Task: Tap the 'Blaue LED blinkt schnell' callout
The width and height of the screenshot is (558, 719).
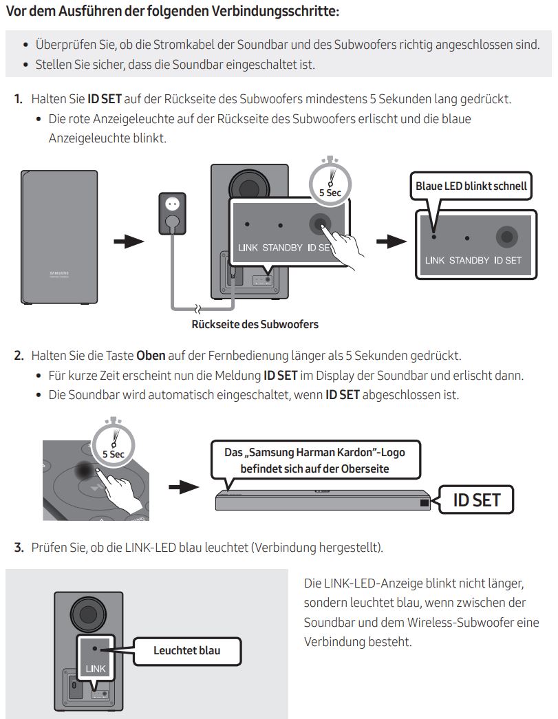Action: click(471, 186)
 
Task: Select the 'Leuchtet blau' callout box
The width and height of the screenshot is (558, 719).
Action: click(186, 649)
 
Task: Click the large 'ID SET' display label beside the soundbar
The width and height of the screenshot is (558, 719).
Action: click(477, 500)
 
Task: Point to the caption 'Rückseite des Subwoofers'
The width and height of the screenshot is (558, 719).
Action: click(255, 324)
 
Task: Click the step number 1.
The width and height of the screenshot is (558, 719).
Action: click(19, 99)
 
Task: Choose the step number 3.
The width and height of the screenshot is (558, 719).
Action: click(19, 548)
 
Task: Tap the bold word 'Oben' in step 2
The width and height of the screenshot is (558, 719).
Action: click(151, 356)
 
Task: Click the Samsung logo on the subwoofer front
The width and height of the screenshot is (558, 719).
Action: click(59, 275)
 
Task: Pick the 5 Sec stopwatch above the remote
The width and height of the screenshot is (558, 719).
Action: click(114, 444)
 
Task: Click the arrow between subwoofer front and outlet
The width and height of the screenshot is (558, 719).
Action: click(129, 242)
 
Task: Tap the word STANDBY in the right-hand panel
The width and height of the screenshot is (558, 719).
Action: click(469, 261)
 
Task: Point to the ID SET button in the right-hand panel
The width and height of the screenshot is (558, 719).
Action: click(508, 237)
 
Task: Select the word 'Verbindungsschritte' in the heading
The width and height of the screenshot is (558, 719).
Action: click(283, 12)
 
